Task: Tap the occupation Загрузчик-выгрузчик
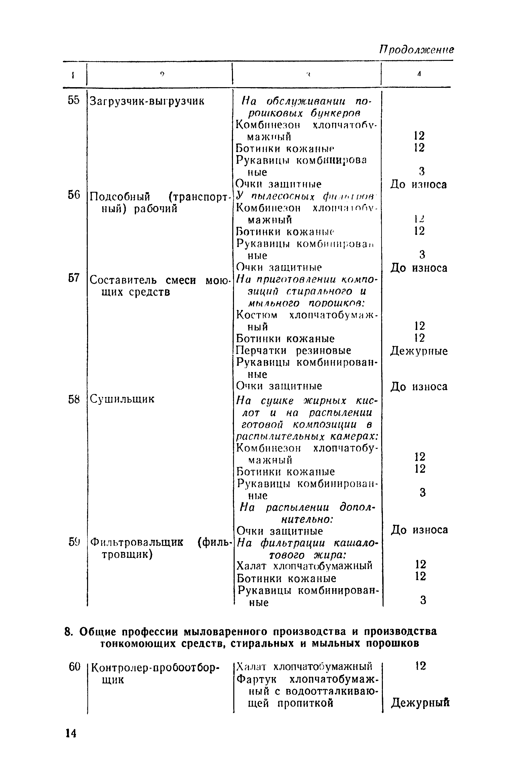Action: tap(147, 101)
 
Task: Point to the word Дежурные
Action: tap(419, 351)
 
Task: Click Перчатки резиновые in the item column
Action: tap(293, 351)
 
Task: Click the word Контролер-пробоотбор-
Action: tap(155, 667)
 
